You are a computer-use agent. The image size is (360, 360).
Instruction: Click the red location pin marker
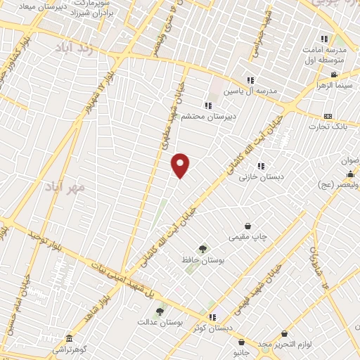click(x=181, y=165)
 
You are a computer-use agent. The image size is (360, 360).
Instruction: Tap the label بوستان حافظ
click(x=202, y=260)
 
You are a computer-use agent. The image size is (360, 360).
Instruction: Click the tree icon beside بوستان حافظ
click(x=202, y=248)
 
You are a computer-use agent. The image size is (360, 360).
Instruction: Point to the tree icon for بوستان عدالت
click(x=160, y=311)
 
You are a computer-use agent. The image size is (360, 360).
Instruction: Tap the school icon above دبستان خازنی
click(x=261, y=166)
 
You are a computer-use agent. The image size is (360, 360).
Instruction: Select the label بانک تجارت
click(x=328, y=127)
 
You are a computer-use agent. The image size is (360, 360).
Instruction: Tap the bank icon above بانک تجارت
click(x=327, y=116)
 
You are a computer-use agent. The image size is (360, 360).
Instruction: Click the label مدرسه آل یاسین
click(x=251, y=91)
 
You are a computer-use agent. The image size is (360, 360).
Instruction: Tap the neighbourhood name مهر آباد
click(x=65, y=186)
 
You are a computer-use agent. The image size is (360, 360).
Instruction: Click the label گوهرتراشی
click(x=70, y=349)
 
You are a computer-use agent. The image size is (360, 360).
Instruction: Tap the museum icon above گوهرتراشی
click(x=68, y=338)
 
